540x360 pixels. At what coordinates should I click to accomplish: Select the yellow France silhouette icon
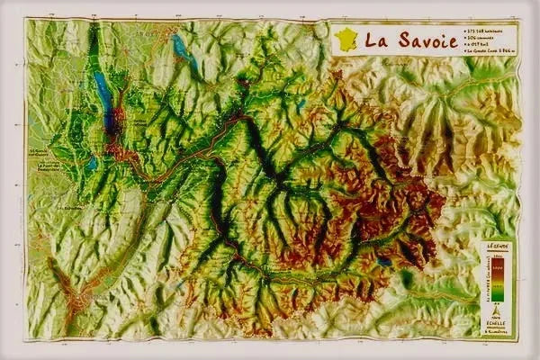[x=346, y=39]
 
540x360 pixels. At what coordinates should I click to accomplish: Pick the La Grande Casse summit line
[x=490, y=52]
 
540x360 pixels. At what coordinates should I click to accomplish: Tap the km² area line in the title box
[x=481, y=45]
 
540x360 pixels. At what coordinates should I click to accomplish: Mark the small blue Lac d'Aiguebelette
[x=91, y=165]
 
